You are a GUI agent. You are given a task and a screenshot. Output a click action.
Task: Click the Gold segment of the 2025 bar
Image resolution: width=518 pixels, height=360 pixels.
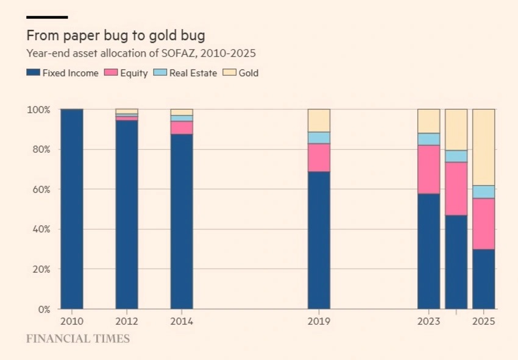click(x=483, y=147)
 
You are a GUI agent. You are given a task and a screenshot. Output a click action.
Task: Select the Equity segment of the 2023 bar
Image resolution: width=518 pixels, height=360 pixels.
click(x=428, y=169)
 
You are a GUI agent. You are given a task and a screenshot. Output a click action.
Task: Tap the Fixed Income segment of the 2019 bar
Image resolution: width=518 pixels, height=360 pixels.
click(x=319, y=240)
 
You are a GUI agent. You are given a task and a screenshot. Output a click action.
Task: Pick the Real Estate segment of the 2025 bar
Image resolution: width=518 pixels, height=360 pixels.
click(x=483, y=192)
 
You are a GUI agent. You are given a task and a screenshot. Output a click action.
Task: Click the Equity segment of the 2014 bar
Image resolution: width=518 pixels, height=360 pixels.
click(x=182, y=127)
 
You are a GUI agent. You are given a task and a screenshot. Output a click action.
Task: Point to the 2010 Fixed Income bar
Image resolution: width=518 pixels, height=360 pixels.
click(x=72, y=209)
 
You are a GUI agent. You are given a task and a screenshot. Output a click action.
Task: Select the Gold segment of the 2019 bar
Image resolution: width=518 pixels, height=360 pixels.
click(x=319, y=121)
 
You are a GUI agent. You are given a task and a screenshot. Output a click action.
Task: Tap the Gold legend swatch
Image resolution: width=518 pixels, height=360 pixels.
click(x=229, y=73)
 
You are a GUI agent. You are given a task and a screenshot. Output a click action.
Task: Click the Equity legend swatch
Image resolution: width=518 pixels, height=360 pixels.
click(x=111, y=73)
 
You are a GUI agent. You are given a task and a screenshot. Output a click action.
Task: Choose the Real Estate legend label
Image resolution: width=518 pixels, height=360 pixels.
click(x=193, y=73)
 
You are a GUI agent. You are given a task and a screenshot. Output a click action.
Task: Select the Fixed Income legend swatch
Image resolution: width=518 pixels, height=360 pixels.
click(x=33, y=73)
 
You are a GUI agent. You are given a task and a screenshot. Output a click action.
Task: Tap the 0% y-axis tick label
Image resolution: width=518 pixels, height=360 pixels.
click(x=44, y=309)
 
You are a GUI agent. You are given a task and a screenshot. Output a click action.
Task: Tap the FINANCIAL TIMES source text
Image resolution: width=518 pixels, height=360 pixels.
click(x=78, y=339)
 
